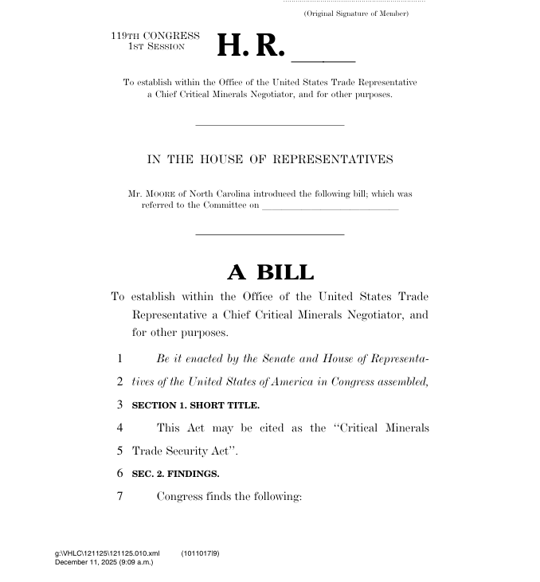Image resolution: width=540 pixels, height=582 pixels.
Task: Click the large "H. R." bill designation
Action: [250, 46]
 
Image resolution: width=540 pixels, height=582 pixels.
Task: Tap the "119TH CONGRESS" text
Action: [155, 36]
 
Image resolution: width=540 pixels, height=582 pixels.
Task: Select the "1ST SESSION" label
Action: [156, 47]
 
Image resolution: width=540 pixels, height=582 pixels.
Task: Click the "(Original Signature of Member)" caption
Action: [356, 14]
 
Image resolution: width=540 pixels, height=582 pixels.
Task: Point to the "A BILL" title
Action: [270, 272]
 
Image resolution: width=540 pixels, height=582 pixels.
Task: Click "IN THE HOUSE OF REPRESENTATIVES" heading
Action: [270, 159]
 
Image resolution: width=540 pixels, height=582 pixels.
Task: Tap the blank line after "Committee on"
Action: [330, 209]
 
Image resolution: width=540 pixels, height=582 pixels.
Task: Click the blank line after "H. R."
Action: [324, 60]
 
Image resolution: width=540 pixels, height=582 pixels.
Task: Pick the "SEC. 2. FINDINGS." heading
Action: [175, 474]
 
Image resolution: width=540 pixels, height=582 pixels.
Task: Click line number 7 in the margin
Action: [119, 496]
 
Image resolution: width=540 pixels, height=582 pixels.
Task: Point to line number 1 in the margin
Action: [119, 359]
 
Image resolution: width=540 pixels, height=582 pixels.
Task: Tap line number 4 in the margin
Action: [119, 428]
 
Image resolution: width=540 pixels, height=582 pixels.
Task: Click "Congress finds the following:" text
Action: [229, 497]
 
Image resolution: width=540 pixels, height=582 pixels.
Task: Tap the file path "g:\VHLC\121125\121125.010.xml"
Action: [107, 553]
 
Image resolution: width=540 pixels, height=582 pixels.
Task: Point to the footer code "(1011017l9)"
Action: [200, 553]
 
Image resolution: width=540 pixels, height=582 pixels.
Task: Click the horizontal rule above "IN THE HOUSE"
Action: [270, 125]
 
